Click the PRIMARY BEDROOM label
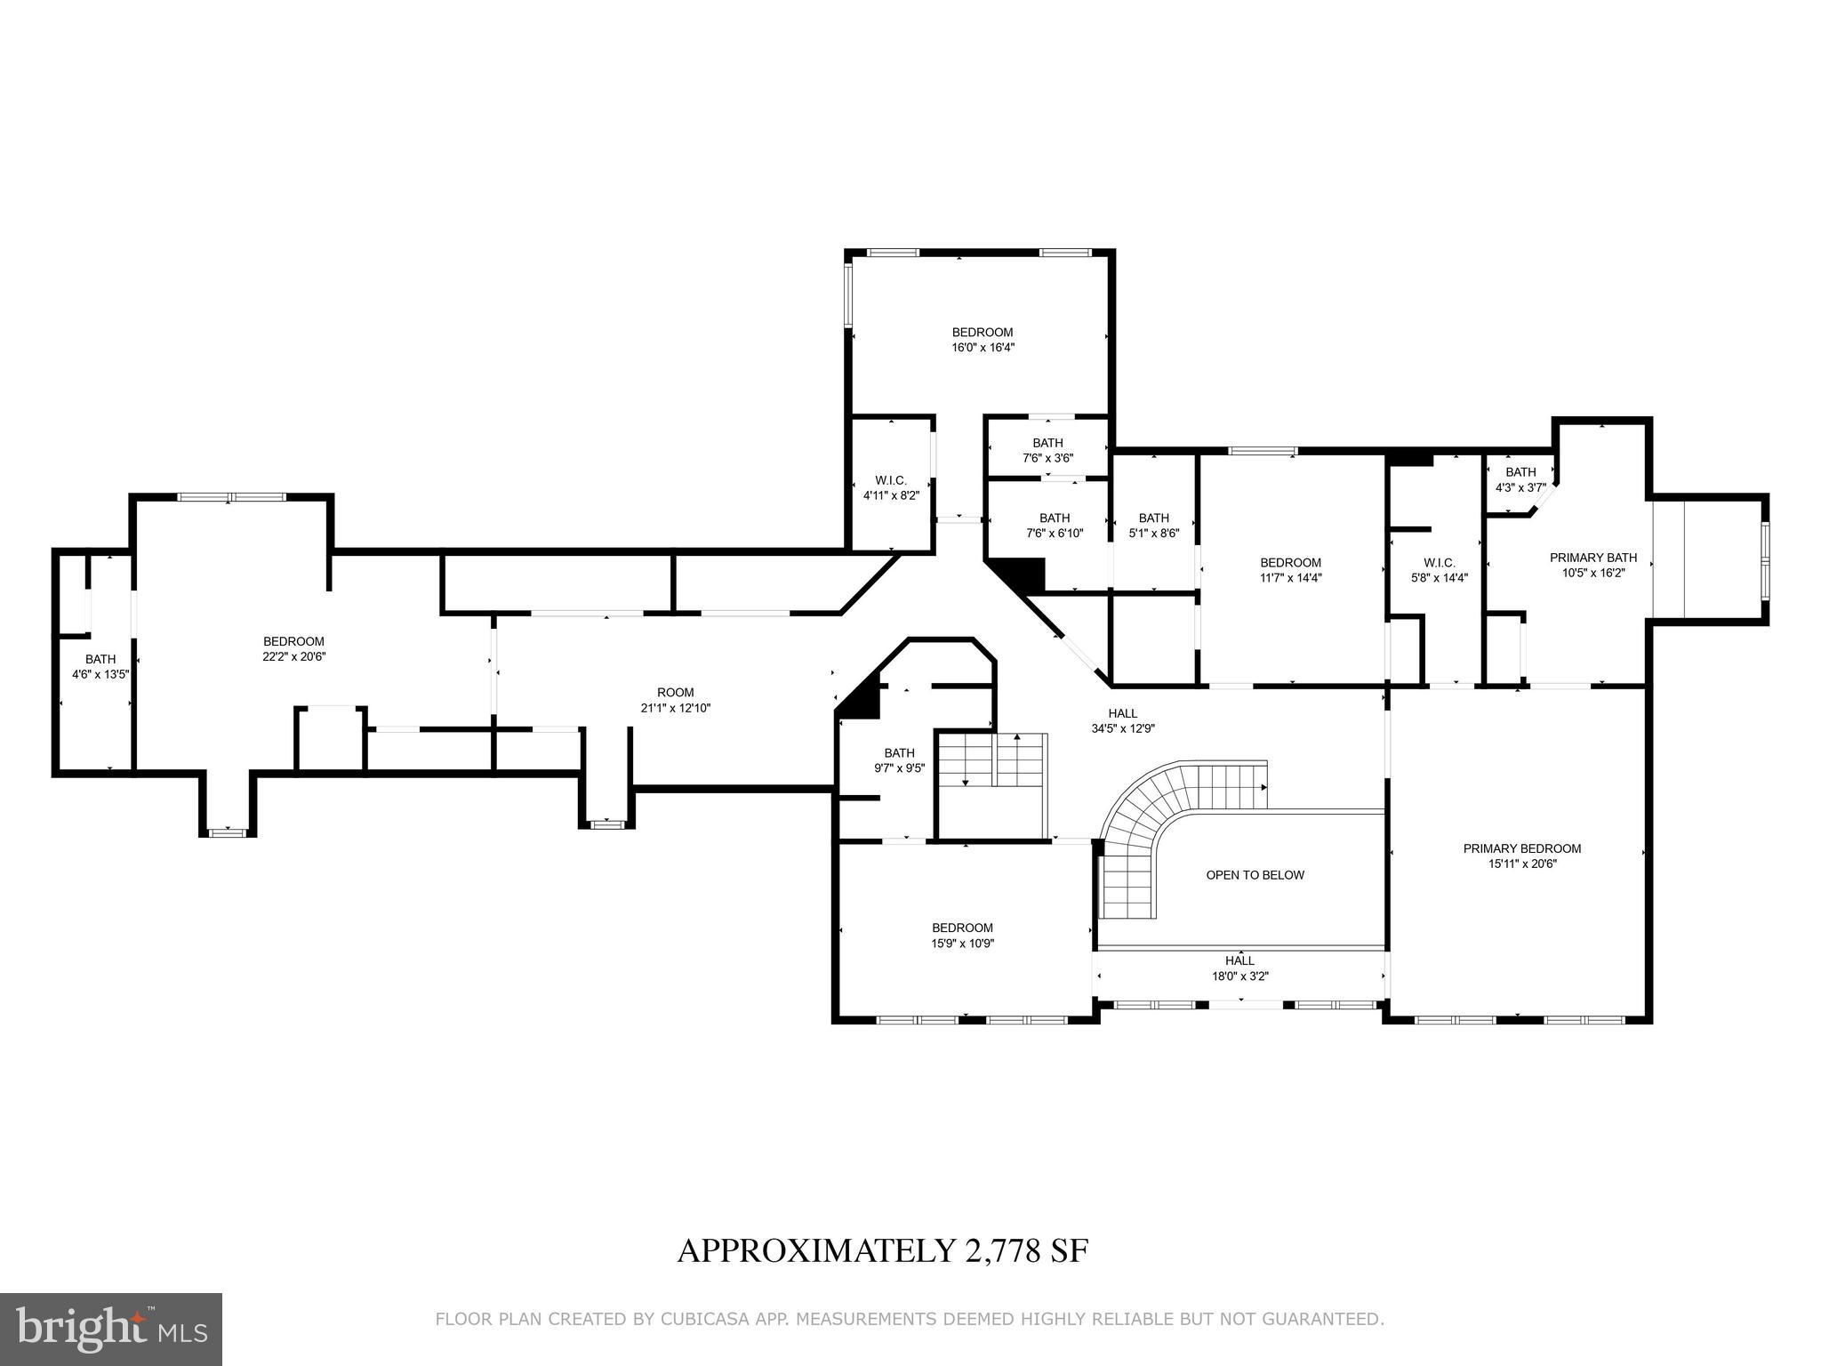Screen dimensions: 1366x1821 click(x=1521, y=848)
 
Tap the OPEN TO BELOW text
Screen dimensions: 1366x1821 click(x=1255, y=875)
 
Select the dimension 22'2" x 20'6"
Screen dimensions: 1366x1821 click(x=293, y=656)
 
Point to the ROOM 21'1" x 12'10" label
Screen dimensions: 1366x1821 click(x=675, y=701)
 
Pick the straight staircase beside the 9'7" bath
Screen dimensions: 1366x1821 click(x=992, y=760)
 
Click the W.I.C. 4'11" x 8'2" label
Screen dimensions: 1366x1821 click(x=890, y=487)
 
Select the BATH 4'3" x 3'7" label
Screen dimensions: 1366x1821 click(x=1520, y=479)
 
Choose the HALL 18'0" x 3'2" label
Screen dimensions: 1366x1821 click(x=1239, y=968)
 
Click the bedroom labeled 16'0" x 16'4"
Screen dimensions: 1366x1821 click(x=983, y=340)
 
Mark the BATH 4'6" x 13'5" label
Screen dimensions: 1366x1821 click(x=100, y=666)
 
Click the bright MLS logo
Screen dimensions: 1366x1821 click(x=111, y=1329)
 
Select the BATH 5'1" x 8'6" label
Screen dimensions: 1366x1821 click(x=1153, y=526)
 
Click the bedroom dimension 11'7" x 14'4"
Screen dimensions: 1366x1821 click(x=1290, y=577)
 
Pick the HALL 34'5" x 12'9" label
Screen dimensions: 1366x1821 click(x=1122, y=720)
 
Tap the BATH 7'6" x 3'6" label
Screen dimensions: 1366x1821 click(x=1047, y=450)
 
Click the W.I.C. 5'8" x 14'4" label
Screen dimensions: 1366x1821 click(x=1439, y=569)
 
